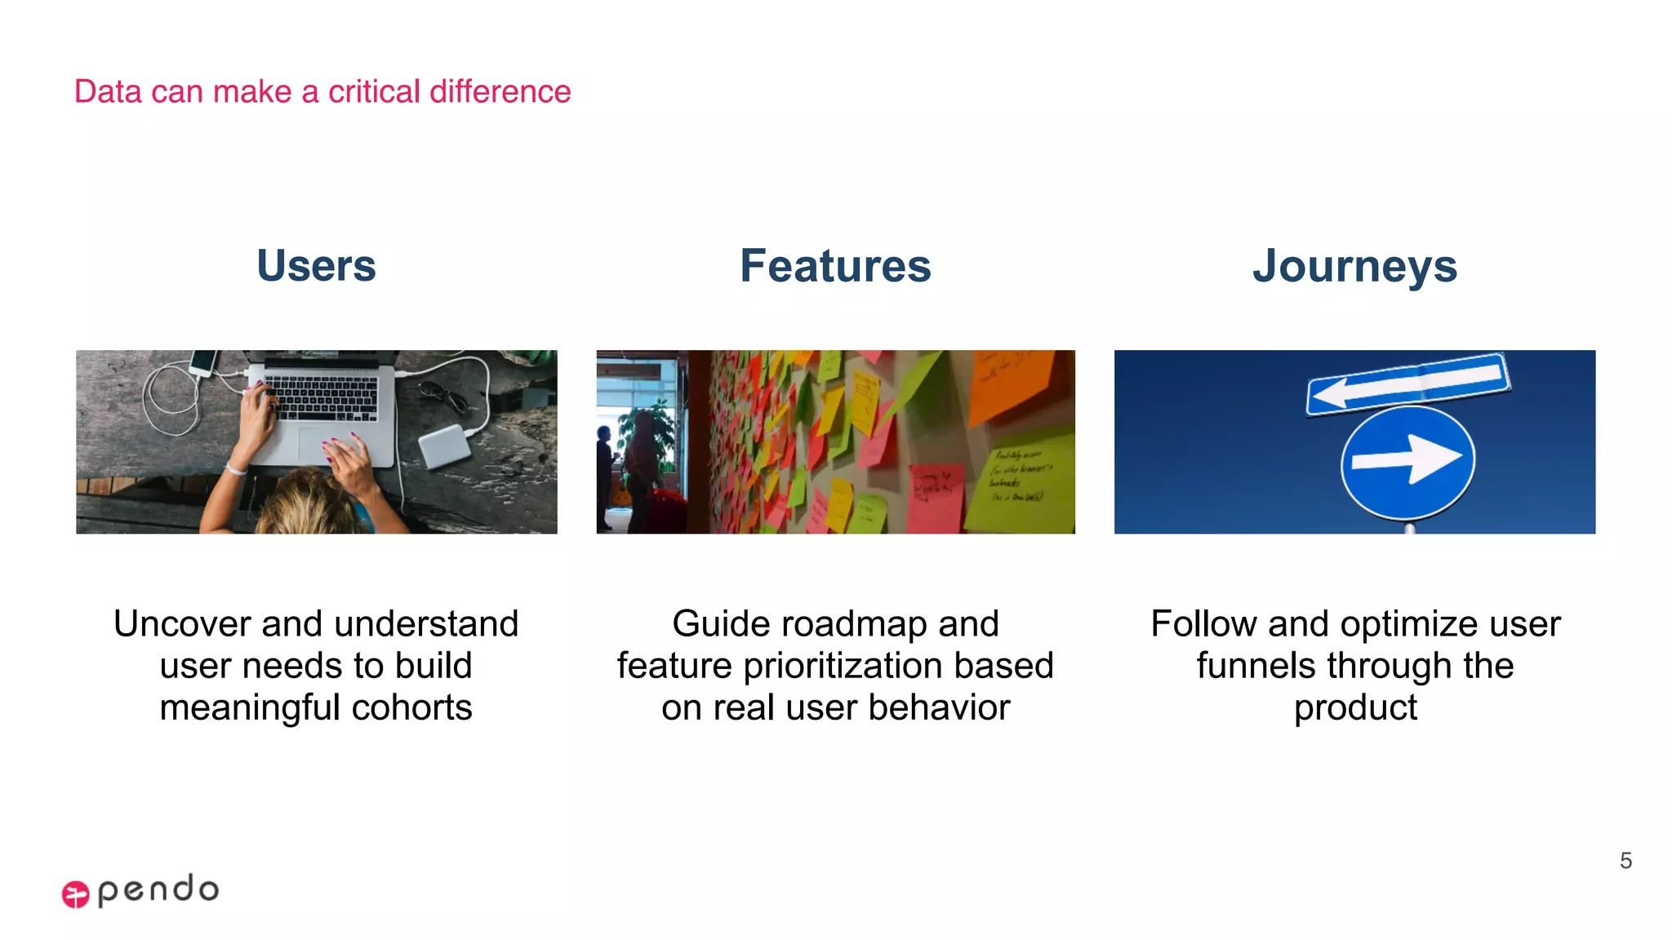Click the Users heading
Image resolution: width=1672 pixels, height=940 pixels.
pyautogui.click(x=316, y=266)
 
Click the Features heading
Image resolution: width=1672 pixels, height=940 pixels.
pyautogui.click(x=835, y=266)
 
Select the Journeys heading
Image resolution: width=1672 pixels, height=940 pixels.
pyautogui.click(x=1354, y=266)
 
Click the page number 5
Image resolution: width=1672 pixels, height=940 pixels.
pyautogui.click(x=1625, y=861)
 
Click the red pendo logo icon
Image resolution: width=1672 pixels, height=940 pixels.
pyautogui.click(x=76, y=894)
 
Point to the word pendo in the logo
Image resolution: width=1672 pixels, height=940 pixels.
pyautogui.click(x=158, y=889)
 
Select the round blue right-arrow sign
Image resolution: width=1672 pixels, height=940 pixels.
pyautogui.click(x=1407, y=463)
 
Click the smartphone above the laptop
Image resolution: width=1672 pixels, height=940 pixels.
pyautogui.click(x=204, y=362)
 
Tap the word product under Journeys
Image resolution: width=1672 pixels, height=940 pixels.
pyautogui.click(x=1355, y=707)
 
